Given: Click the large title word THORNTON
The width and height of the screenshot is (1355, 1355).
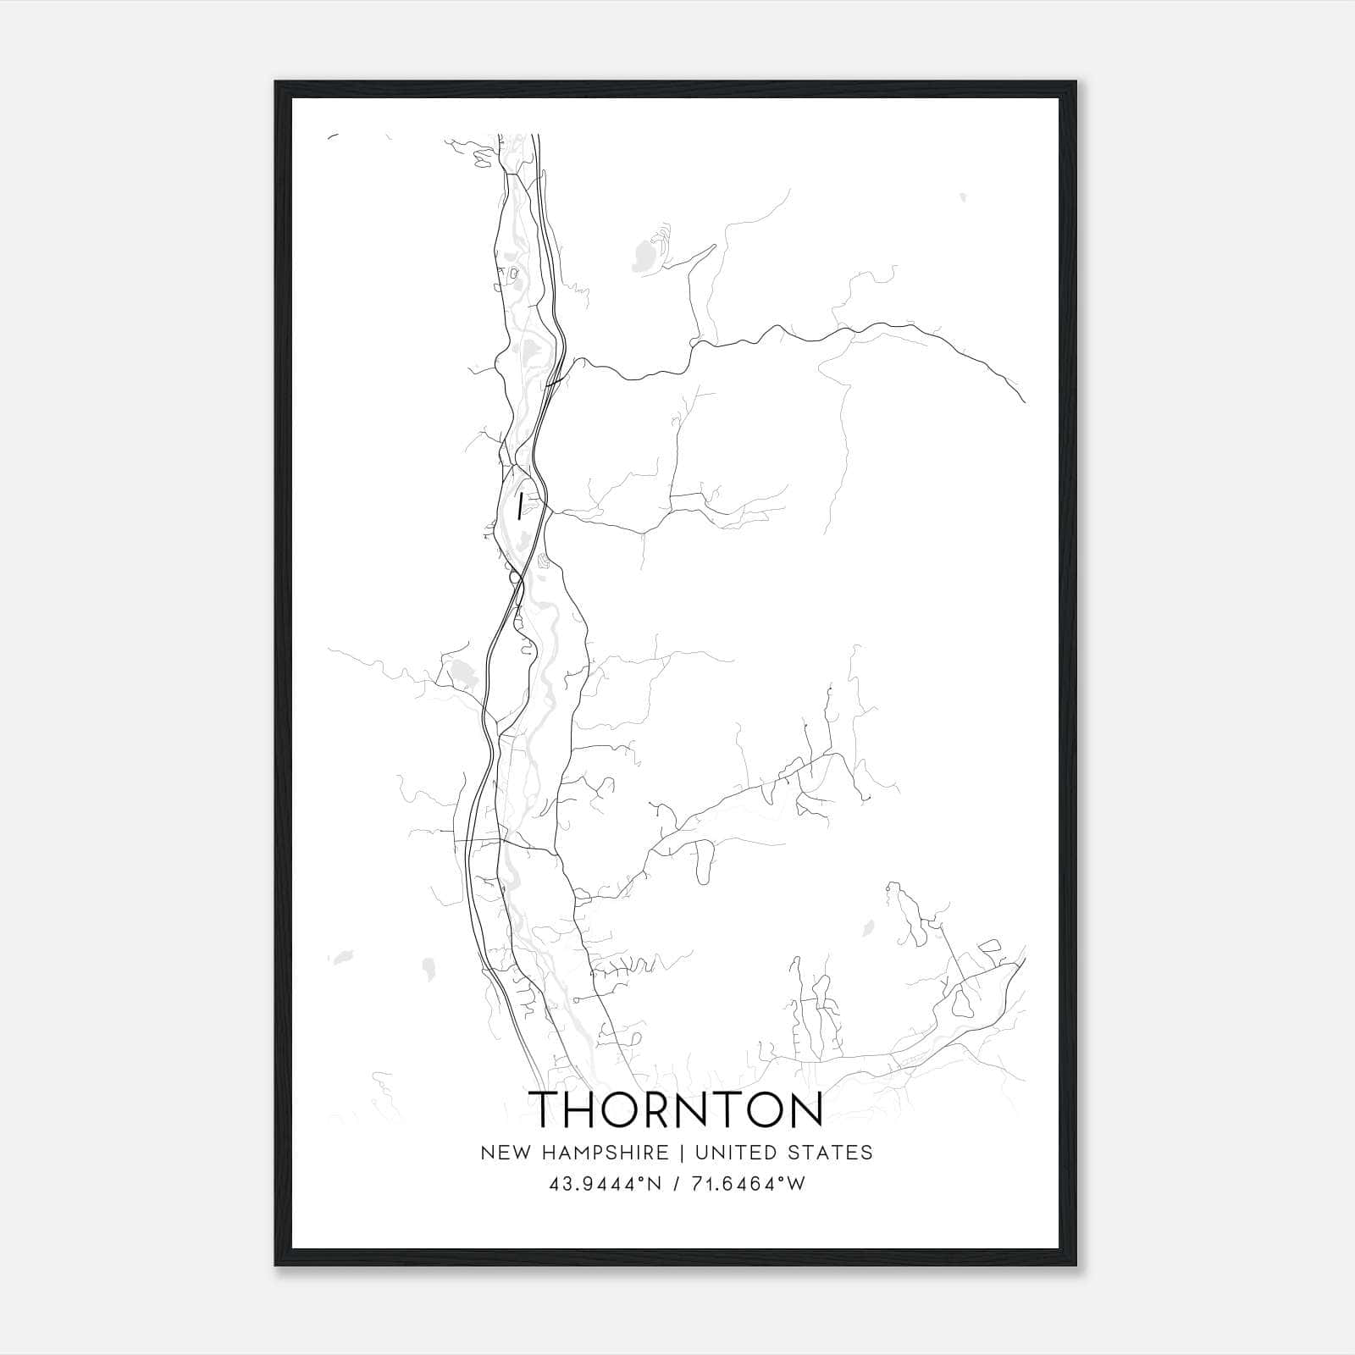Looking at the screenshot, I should [x=677, y=1109].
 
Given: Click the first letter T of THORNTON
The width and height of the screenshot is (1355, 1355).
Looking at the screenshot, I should [x=546, y=1109].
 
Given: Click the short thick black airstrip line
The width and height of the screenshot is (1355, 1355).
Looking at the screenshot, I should [x=518, y=506].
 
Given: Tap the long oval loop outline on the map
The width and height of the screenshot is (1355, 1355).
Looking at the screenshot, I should [x=702, y=863].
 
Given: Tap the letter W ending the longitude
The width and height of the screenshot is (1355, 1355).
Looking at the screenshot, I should [x=795, y=1184].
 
